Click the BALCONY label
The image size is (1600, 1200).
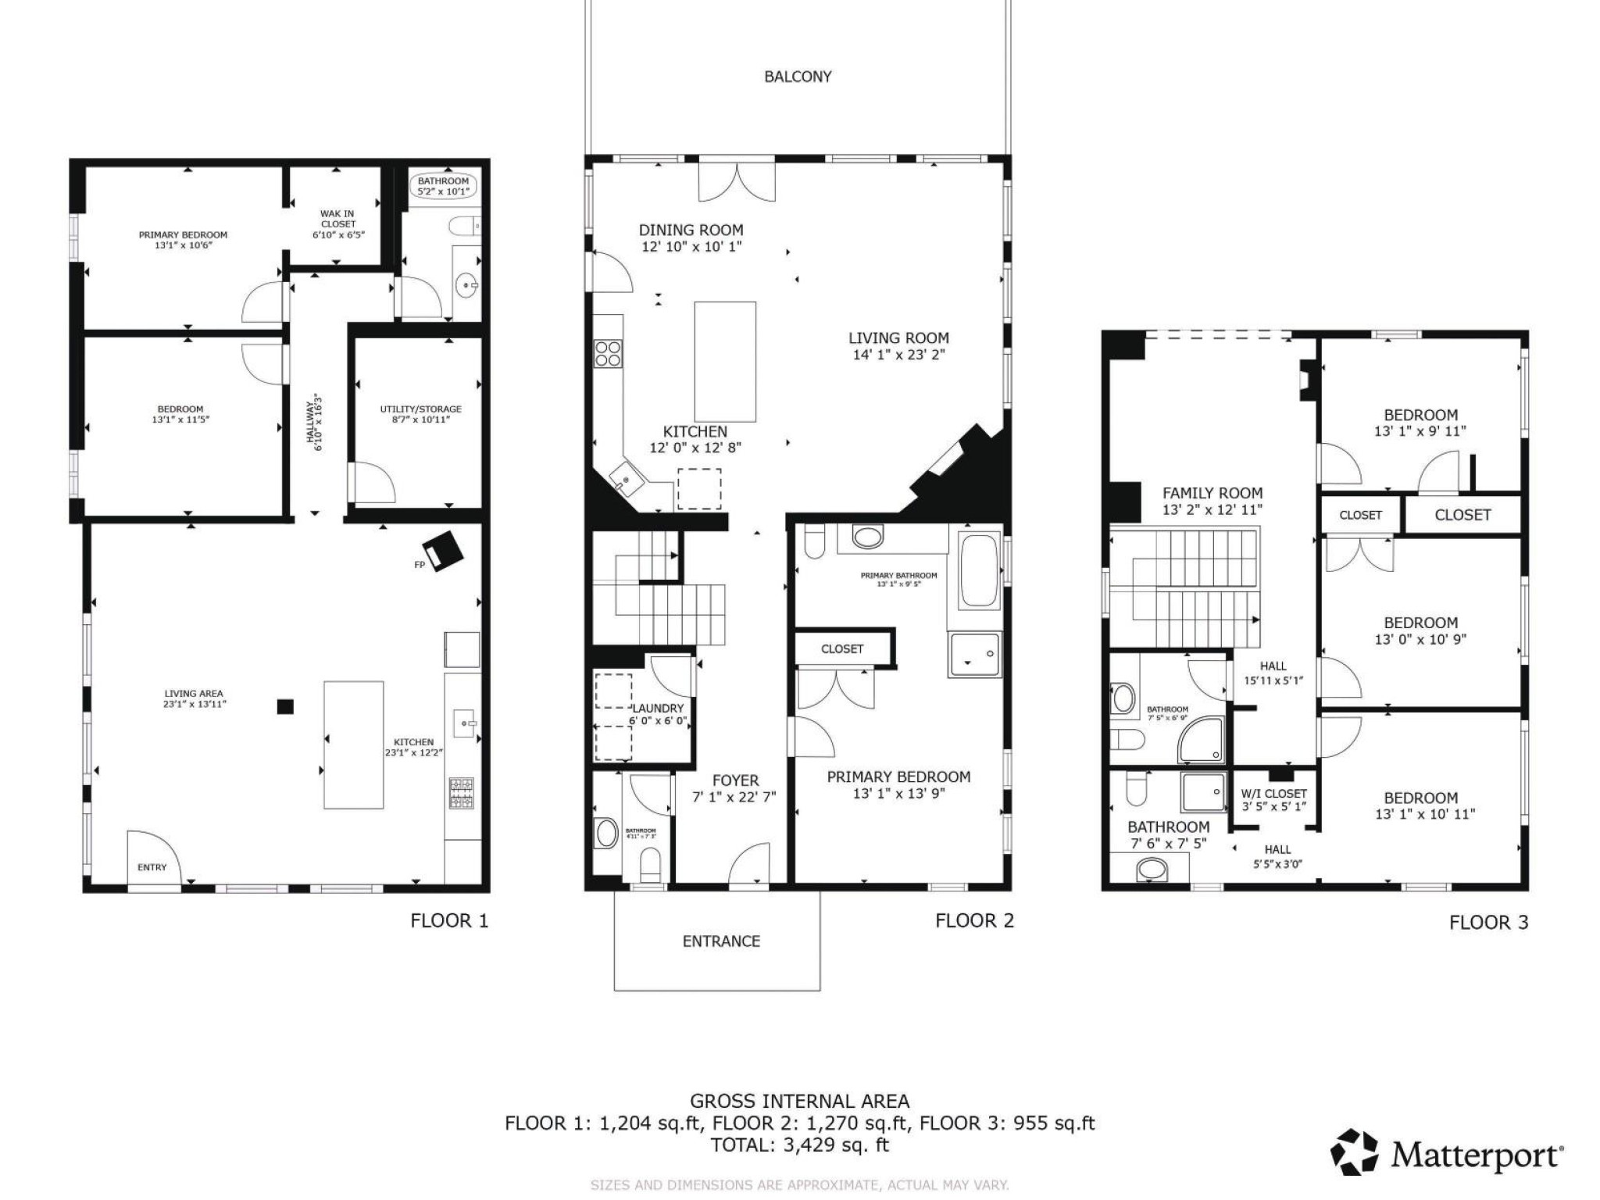797,77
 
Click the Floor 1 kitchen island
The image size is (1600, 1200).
353,745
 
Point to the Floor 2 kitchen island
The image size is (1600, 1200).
725,361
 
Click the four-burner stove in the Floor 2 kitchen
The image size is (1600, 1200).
608,353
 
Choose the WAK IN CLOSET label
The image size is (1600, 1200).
337,223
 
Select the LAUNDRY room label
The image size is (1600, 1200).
658,708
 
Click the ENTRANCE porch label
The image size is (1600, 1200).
720,941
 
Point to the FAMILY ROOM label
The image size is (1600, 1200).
1212,493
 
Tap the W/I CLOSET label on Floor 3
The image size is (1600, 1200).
1273,793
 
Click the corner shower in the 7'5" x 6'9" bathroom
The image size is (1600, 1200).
1202,740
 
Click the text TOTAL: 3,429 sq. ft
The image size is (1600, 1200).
799,1145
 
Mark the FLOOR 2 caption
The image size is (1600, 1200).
974,920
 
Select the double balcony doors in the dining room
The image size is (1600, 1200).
737,179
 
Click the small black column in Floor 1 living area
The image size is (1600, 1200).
286,706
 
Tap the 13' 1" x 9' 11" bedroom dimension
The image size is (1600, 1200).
1420,430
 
